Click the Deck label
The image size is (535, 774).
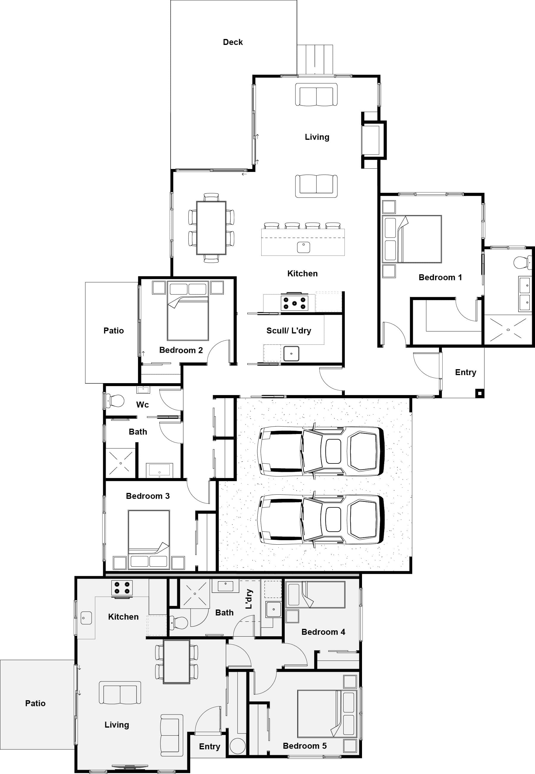[x=233, y=42]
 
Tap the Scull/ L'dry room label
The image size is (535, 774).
[x=289, y=330]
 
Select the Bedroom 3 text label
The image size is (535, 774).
[x=147, y=496]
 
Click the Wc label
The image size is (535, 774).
[x=142, y=405]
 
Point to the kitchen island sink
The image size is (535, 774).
[x=303, y=247]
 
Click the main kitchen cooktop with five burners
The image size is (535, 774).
[x=294, y=303]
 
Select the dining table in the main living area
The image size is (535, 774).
[x=211, y=228]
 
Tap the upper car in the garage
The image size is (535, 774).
[x=320, y=451]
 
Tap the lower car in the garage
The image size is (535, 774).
[x=320, y=519]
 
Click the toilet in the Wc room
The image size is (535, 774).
[x=115, y=401]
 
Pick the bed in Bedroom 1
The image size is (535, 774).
[x=412, y=239]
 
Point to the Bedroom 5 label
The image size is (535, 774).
[x=304, y=746]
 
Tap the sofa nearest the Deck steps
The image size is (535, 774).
[x=316, y=95]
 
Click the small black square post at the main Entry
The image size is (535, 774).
[x=480, y=393]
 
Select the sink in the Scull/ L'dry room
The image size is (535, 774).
[x=291, y=354]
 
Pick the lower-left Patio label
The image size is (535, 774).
[x=35, y=703]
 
